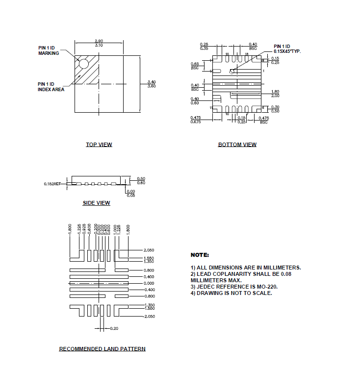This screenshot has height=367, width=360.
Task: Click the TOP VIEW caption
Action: click(x=99, y=145)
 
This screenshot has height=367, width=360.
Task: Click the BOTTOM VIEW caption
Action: click(x=237, y=145)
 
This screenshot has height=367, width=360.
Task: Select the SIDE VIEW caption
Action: click(x=96, y=203)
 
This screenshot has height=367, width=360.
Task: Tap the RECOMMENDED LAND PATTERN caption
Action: click(x=102, y=349)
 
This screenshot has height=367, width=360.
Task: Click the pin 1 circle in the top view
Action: click(x=83, y=64)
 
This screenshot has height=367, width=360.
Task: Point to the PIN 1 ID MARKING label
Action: click(x=49, y=50)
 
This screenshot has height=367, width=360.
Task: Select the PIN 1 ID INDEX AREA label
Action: click(x=51, y=87)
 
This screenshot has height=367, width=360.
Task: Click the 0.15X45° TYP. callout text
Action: click(x=287, y=51)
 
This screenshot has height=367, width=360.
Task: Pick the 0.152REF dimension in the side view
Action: click(x=52, y=184)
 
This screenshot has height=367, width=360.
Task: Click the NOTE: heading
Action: click(x=200, y=255)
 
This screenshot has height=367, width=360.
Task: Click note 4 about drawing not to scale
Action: click(x=231, y=293)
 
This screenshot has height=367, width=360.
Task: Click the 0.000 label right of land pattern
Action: click(x=149, y=283)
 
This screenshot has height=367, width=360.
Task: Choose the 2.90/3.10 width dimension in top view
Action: click(x=99, y=43)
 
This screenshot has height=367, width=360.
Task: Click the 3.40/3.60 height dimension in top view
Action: click(x=152, y=84)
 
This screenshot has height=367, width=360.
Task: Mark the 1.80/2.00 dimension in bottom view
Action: click(x=275, y=94)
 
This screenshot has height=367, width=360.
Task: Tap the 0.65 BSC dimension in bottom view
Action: click(x=195, y=66)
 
